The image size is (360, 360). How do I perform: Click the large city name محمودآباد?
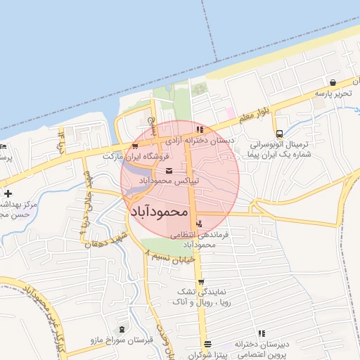tap(160, 210)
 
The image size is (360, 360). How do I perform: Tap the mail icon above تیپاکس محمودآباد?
tap(169, 171)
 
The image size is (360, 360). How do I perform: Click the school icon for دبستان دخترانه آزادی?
tap(201, 129)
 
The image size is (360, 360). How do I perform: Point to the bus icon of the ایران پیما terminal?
tap(280, 134)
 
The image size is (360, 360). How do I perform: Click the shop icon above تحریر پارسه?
tap(332, 82)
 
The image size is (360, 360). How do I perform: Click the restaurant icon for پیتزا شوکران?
tap(207, 345)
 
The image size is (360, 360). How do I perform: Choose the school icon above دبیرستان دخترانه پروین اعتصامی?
tap(262, 333)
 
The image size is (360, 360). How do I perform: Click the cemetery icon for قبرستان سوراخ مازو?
tap(124, 329)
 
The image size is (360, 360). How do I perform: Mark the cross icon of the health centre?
tap(7, 193)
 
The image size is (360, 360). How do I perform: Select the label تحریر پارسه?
tap(332, 94)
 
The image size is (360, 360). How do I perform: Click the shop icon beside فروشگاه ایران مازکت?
tap(135, 146)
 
